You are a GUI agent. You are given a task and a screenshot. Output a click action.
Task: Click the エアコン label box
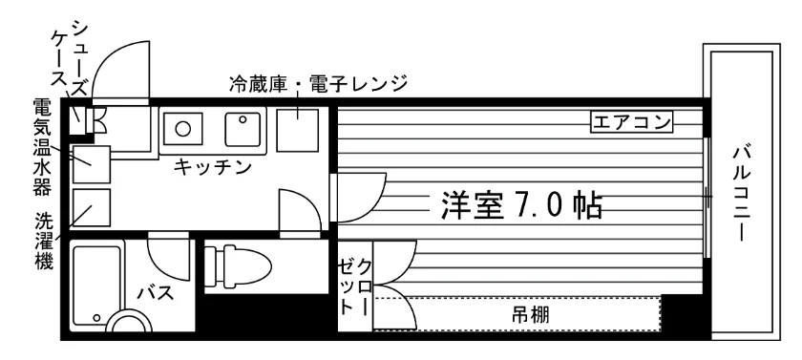click(631, 123)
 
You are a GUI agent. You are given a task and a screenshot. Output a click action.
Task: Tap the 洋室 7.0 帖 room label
click(520, 205)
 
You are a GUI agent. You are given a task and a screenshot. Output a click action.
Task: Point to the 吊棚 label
click(531, 314)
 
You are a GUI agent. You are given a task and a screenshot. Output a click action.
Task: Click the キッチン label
click(212, 166)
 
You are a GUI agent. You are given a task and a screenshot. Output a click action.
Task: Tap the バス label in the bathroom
click(155, 293)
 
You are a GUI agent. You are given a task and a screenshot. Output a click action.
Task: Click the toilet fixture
click(238, 265)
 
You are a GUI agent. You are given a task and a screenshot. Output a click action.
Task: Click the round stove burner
click(183, 128)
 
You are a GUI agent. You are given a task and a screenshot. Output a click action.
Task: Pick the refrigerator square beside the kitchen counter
click(297, 130)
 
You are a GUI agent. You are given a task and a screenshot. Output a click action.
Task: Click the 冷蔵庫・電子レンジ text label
click(318, 83)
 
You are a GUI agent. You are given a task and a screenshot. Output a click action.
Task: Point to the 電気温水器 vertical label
click(42, 147)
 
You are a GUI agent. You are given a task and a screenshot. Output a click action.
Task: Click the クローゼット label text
click(355, 286)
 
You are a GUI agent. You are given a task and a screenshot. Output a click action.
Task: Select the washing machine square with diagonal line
click(92, 207)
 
